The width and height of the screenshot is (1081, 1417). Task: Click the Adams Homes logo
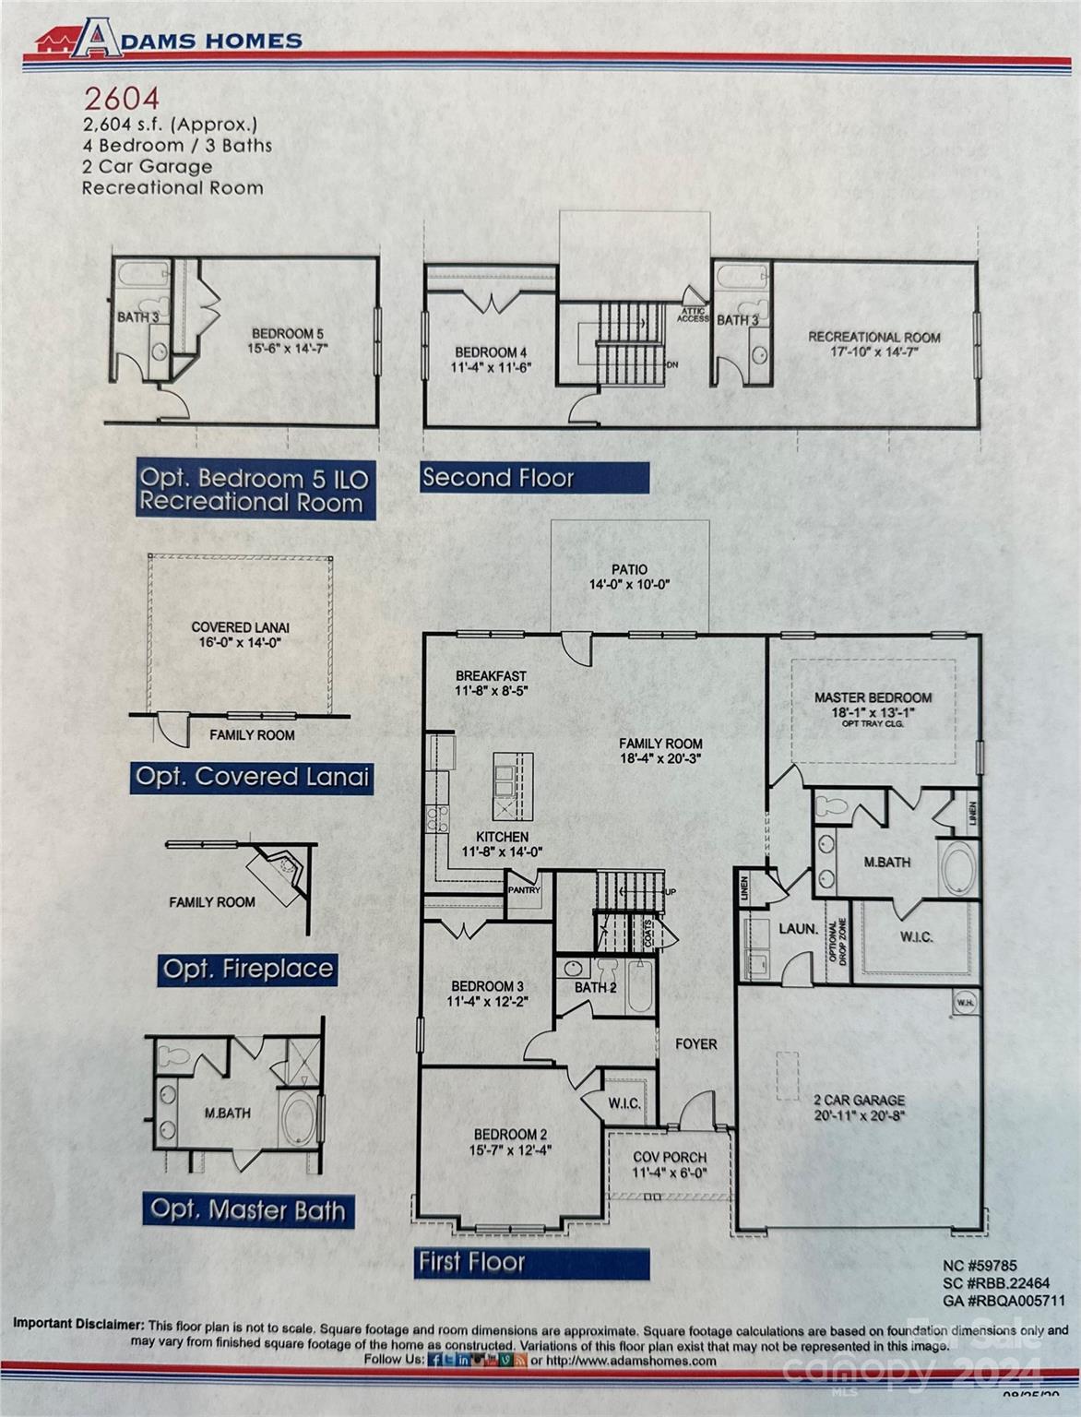click(169, 40)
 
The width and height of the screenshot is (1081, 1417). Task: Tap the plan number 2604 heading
click(122, 98)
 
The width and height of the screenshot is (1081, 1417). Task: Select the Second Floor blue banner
click(534, 478)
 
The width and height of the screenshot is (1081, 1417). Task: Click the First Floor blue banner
click(531, 1262)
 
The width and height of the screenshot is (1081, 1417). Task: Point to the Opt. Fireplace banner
click(246, 970)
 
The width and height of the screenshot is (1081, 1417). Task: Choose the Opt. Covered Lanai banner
click(252, 777)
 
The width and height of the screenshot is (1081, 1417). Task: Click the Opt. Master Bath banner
click(247, 1209)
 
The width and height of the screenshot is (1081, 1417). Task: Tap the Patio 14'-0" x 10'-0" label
click(629, 577)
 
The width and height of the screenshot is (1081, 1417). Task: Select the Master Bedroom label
click(873, 698)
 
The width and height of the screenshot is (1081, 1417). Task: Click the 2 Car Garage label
click(859, 1101)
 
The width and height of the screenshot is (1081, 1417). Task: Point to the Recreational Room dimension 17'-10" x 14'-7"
click(873, 352)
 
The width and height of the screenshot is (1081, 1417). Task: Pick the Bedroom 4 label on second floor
click(491, 352)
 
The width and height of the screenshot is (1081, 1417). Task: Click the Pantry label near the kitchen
click(523, 890)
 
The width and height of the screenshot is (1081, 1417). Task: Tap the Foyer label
click(695, 1043)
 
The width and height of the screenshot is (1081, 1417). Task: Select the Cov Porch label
click(670, 1157)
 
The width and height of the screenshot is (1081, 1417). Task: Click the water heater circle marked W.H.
click(965, 1004)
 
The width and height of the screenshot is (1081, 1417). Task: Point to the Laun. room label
click(798, 930)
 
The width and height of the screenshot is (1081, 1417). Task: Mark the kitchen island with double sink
click(513, 786)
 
